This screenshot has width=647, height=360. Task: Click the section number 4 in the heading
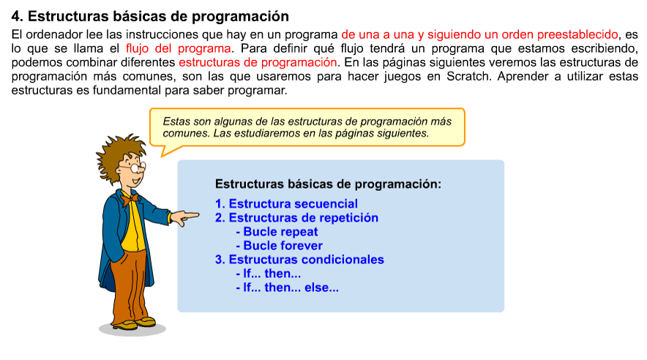pos(16,16)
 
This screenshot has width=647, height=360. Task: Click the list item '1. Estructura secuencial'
pos(286,203)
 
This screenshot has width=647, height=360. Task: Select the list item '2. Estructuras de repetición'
pos(296,217)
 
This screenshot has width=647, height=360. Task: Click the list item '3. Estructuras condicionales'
pos(299,260)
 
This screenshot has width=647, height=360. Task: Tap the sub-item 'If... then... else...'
pos(287,288)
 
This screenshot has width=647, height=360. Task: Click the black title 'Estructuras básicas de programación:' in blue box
pos(328,184)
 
